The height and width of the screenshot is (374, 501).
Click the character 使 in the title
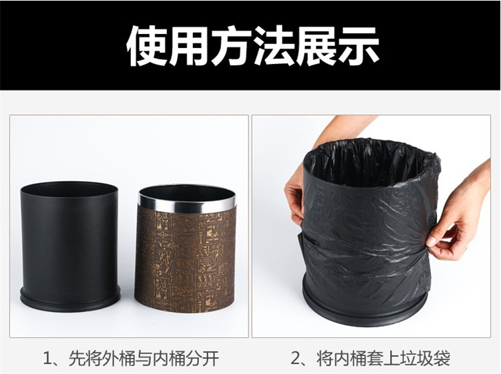click(x=148, y=45)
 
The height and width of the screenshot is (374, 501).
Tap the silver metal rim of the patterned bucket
click(x=188, y=198)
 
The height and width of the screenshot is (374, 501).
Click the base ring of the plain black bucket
click(x=70, y=298)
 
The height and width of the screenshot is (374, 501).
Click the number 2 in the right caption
click(x=295, y=359)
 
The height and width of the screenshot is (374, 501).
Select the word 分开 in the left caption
click(x=204, y=359)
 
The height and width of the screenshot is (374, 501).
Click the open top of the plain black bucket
click(x=69, y=190)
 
